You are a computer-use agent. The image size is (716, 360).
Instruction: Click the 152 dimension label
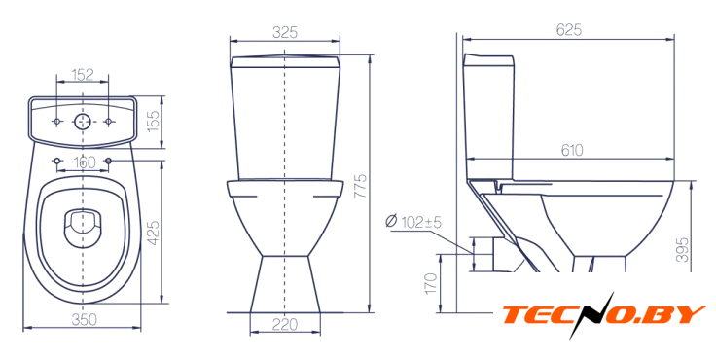83,75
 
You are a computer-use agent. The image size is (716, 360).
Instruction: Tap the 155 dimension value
154,121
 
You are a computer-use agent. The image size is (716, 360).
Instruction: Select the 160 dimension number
85,162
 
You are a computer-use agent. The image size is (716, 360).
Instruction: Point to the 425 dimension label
154,233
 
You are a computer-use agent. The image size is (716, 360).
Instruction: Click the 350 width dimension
85,320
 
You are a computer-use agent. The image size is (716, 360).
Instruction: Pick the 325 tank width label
285,32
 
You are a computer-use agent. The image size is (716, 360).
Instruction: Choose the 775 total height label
361,185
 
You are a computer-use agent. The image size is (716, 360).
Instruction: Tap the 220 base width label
285,324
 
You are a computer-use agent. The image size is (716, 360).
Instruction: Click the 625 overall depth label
569,30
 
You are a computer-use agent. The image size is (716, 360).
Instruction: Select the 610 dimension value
572,150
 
